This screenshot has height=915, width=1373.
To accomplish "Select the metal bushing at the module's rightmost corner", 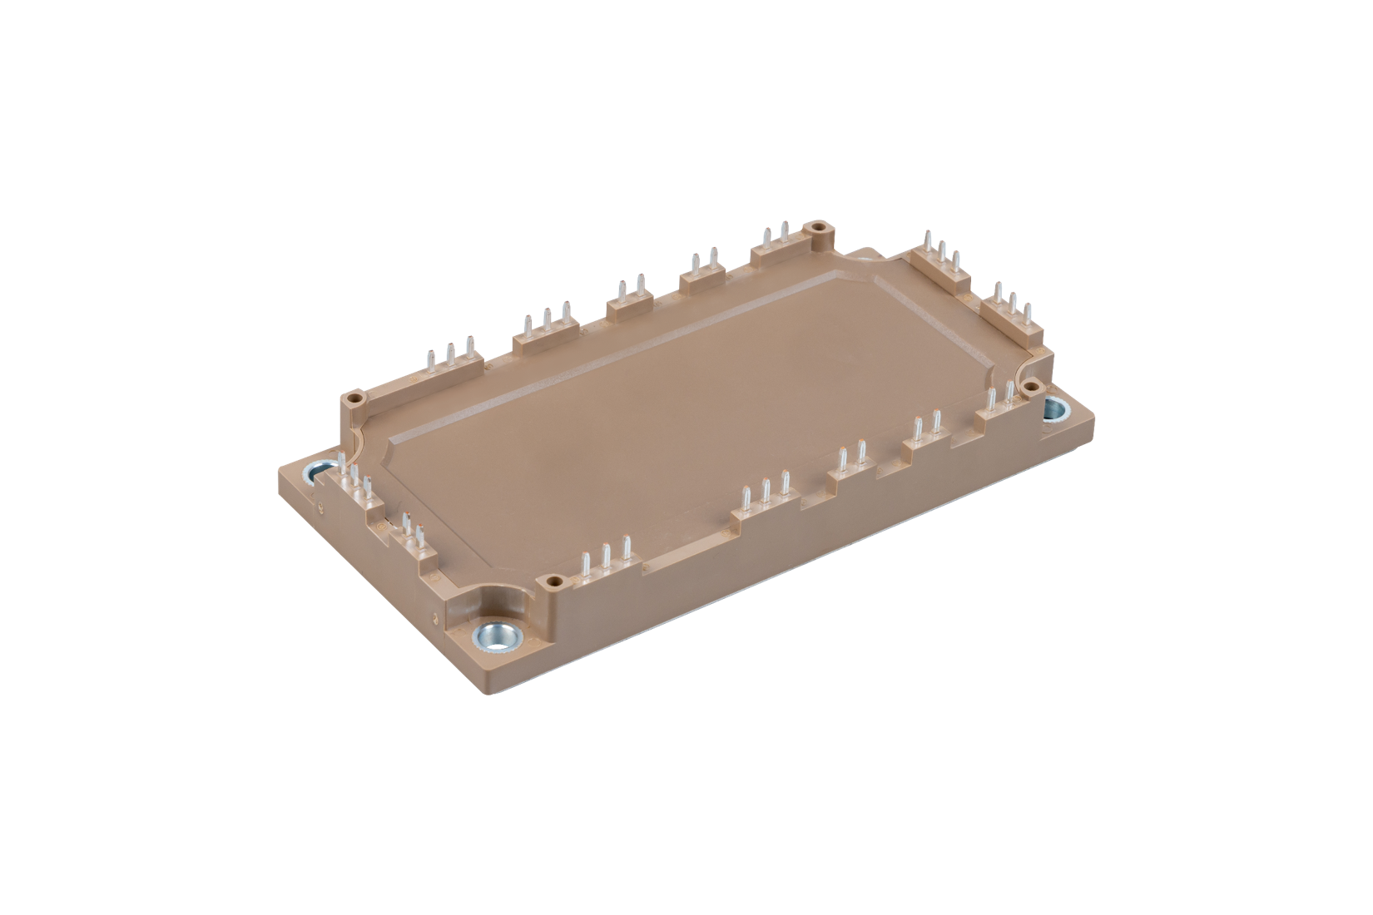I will [1056, 408].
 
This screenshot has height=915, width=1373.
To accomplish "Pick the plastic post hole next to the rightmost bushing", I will [1029, 385].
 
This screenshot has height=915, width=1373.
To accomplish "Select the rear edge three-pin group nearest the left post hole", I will [449, 354].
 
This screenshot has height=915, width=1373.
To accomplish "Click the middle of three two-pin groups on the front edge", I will [926, 430].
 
